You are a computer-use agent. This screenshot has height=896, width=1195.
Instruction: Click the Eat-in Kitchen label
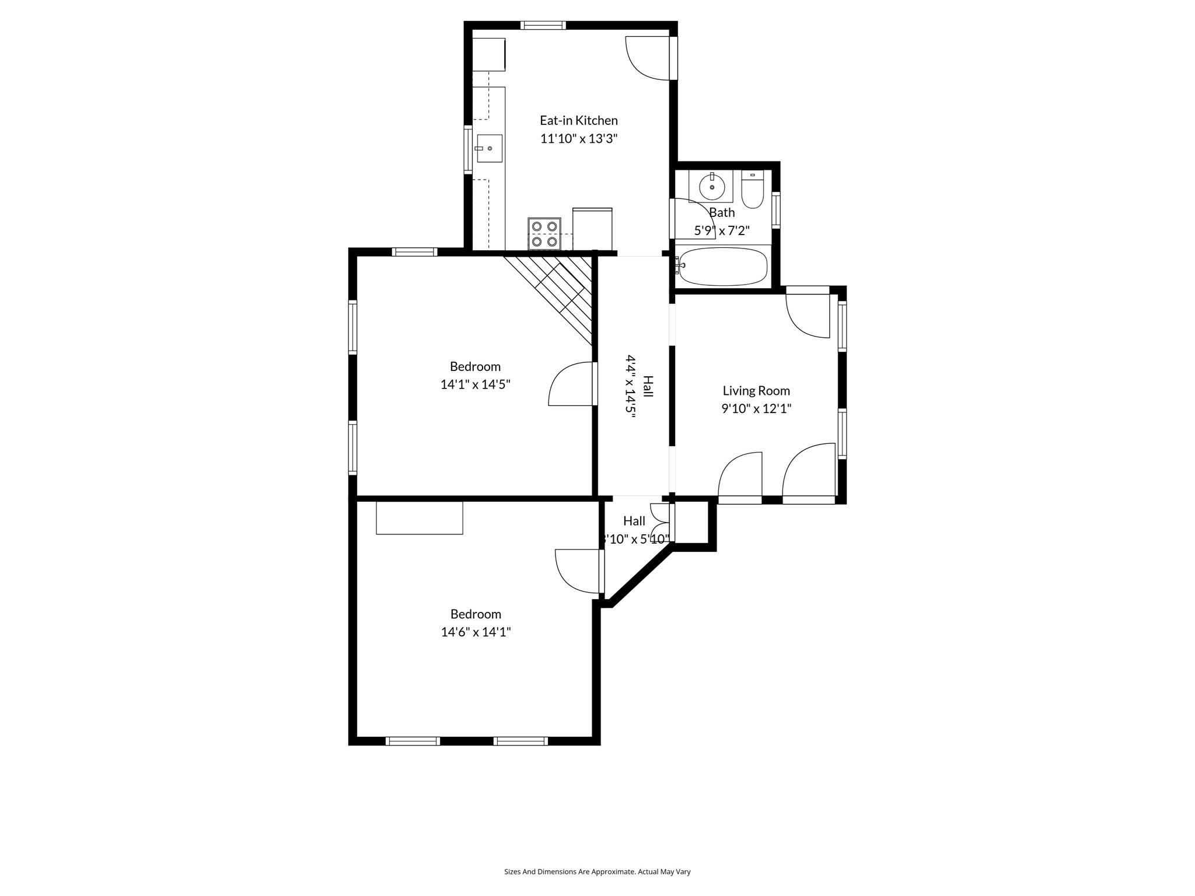point(578,121)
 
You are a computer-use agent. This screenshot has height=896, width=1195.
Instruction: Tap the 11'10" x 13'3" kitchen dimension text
point(578,139)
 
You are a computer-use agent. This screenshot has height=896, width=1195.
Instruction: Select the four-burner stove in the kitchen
point(544,233)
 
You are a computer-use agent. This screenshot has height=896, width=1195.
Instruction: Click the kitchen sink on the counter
point(489,148)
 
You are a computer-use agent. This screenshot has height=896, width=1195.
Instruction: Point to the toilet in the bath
point(752,190)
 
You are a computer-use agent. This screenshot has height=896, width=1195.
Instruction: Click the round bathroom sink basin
point(712,187)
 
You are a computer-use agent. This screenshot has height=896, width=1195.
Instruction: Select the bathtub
point(723,267)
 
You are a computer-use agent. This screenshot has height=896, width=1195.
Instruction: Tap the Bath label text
point(722,212)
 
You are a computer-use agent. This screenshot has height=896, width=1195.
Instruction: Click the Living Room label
point(756,391)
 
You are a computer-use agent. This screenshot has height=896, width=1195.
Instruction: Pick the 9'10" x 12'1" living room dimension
point(756,408)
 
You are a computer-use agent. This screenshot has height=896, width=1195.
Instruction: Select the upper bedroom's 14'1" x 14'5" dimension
point(475,384)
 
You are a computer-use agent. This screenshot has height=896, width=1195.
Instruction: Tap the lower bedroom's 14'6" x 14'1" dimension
point(476,632)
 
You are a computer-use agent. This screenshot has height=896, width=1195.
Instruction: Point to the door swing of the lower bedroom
point(578,570)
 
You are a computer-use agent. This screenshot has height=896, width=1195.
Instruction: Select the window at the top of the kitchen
point(543,25)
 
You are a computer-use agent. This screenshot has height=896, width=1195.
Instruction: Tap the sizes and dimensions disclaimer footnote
point(597,871)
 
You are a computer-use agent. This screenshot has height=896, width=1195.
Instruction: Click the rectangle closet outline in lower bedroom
point(419,517)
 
